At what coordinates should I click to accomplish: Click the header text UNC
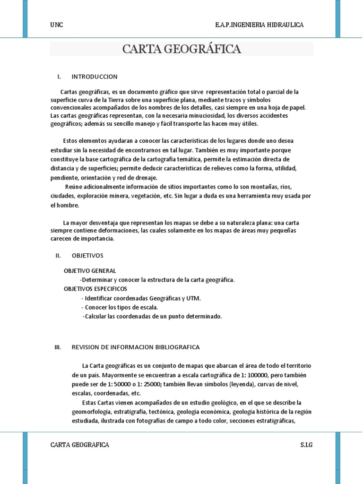point(56,25)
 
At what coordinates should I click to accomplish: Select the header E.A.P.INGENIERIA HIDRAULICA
point(259,25)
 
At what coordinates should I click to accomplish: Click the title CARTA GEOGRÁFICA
point(181,49)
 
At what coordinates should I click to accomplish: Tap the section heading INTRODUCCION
point(95,77)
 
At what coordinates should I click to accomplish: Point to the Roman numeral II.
point(58,255)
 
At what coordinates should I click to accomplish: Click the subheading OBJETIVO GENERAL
point(90,271)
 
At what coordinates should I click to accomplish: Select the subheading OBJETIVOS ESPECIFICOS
point(95,289)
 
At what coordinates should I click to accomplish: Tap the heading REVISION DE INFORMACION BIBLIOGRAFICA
point(136,347)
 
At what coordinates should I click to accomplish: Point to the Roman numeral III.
point(58,347)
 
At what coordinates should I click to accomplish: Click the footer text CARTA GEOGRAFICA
point(79,445)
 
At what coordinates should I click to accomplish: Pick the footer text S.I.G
point(306,445)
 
